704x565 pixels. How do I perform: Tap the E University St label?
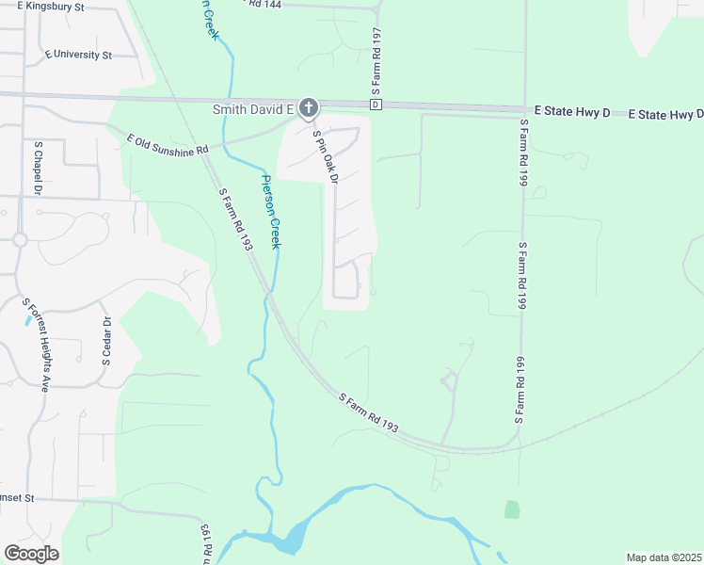coord(78,55)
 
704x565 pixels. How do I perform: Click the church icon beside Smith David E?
coord(309,109)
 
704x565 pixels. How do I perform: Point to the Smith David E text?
coord(251,109)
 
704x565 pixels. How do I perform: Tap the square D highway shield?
coord(376,105)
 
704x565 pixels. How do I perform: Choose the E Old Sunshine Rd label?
coord(168,145)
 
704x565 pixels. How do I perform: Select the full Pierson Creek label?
coord(271,212)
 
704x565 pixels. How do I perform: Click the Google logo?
coord(31,554)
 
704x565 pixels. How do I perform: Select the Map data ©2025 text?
coord(664,557)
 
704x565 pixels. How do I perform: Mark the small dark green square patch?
coord(512,509)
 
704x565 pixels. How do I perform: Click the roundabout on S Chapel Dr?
coord(20,239)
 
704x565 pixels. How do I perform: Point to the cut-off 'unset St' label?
coord(16,497)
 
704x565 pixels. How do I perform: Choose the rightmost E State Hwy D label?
coord(666,114)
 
